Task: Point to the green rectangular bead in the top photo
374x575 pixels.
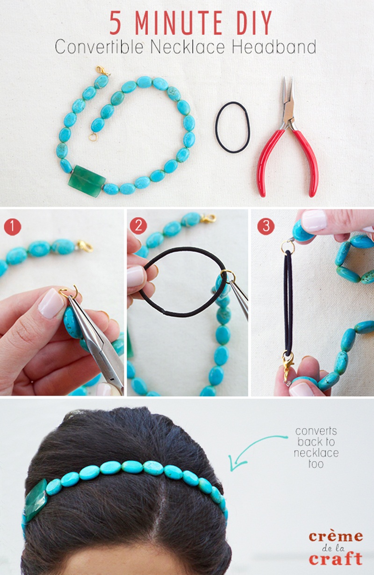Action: [86, 180]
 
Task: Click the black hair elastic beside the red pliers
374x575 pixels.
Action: [232, 127]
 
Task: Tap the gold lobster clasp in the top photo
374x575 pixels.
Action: [103, 72]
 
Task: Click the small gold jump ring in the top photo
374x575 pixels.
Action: [93, 137]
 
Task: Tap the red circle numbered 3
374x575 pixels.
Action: [266, 226]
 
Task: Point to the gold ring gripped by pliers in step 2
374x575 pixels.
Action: [228, 276]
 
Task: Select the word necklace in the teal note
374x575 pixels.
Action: [316, 453]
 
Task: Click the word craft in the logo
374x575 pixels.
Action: [335, 559]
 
